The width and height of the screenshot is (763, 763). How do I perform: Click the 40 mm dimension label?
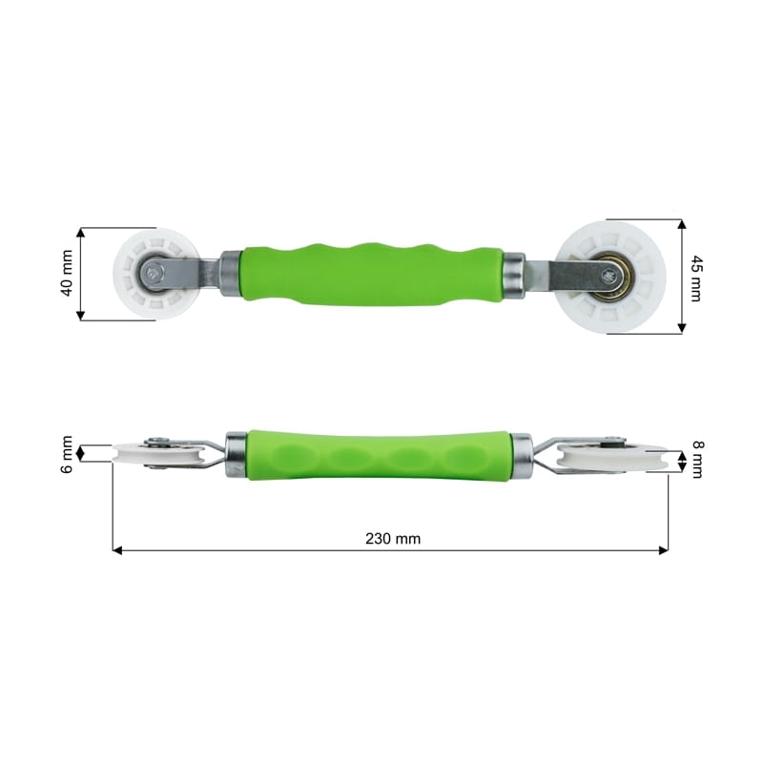point(67,273)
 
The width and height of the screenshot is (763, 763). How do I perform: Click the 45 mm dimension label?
point(696,278)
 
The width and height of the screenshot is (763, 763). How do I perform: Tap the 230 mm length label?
point(393,539)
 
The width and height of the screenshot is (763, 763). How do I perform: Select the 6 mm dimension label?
point(67,455)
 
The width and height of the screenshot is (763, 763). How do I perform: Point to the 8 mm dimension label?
point(697,460)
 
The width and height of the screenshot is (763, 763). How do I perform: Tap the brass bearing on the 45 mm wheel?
point(609,275)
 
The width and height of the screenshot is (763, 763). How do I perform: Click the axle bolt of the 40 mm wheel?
point(154,274)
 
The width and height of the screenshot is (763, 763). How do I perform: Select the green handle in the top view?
point(373,274)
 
